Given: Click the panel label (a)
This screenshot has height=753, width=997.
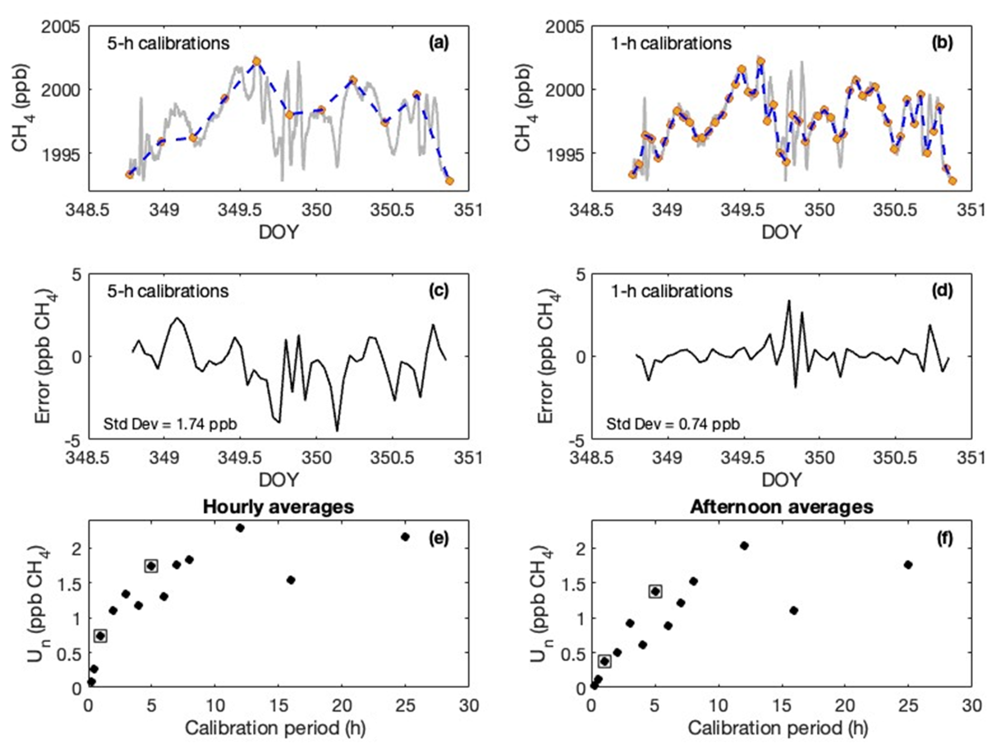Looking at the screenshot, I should click(x=438, y=43).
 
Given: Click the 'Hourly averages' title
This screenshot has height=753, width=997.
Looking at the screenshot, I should click(x=278, y=507).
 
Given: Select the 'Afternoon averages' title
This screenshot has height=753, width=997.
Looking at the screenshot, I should click(x=781, y=507).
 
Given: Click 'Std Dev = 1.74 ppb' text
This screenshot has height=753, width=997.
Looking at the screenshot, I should click(x=170, y=424).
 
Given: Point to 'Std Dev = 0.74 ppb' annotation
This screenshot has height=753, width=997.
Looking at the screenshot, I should click(x=673, y=424).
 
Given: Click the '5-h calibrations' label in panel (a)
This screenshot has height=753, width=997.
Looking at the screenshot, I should click(x=168, y=43).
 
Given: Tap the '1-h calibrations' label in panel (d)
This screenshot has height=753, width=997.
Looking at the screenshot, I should click(x=671, y=291).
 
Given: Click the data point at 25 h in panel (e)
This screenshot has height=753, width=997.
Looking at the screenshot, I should click(x=405, y=536).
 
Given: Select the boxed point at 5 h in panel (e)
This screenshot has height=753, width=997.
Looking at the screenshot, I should click(x=151, y=566).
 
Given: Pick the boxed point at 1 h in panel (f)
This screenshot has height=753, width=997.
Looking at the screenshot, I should click(x=604, y=661).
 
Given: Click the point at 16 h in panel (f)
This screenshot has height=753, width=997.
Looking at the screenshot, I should click(x=794, y=610).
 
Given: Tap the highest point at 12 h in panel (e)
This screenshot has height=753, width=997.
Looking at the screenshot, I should click(x=240, y=527).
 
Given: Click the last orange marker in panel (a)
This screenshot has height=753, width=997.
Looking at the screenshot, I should click(x=449, y=181).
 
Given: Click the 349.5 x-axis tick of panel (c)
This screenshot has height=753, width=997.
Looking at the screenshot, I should click(x=240, y=457).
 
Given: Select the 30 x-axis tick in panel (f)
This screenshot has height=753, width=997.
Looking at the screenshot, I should click(x=971, y=705).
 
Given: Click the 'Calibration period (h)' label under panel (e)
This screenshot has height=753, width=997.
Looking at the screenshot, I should click(x=275, y=728).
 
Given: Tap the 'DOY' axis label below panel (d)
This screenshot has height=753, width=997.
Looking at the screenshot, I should click(x=781, y=480).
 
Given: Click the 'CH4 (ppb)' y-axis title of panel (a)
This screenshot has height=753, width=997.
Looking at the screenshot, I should click(x=21, y=108).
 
